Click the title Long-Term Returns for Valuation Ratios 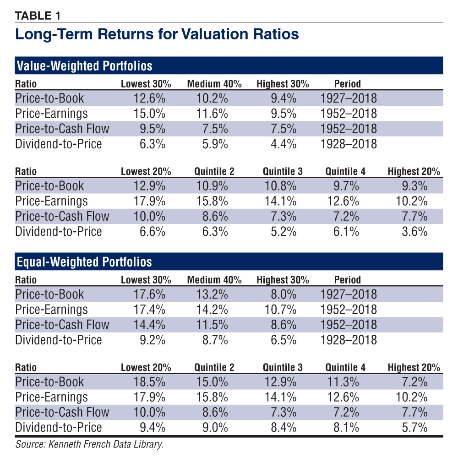(157, 34)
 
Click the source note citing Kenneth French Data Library (89, 444)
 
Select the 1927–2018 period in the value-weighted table (349, 98)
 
